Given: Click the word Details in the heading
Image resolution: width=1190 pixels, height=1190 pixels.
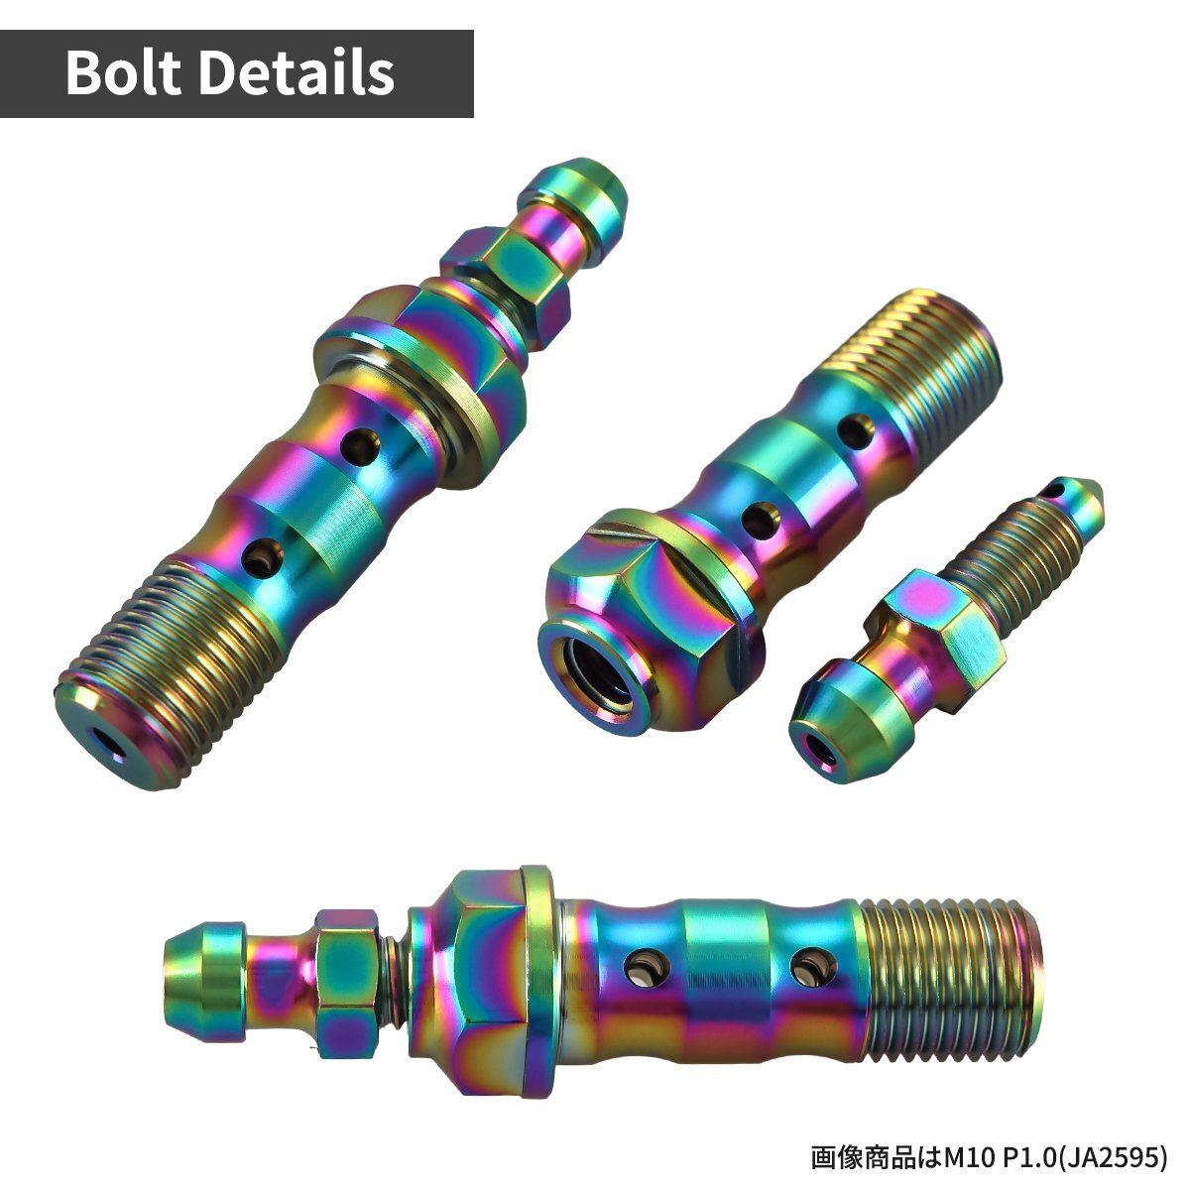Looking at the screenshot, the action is point(297,72).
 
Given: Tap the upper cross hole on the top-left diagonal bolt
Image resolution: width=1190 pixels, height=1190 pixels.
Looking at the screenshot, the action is point(361,446).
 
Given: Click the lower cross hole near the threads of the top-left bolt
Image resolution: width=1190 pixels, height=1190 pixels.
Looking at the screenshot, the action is point(262,557).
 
